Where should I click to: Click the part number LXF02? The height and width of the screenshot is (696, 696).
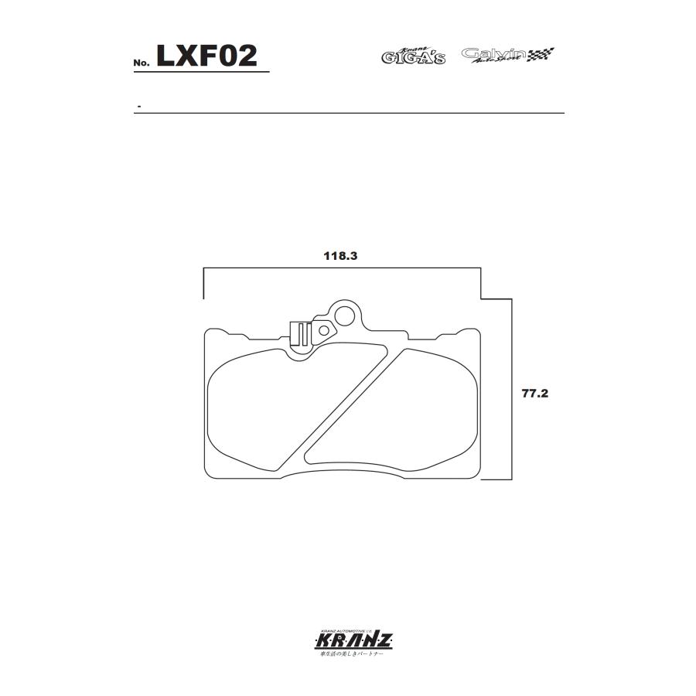tap(206, 56)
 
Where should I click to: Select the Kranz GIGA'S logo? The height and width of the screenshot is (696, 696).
tap(413, 55)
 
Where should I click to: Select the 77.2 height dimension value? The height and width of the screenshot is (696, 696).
tap(534, 393)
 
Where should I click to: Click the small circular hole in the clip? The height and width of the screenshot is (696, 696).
tap(322, 330)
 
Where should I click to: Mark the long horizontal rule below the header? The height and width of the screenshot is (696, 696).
tap(348, 114)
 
